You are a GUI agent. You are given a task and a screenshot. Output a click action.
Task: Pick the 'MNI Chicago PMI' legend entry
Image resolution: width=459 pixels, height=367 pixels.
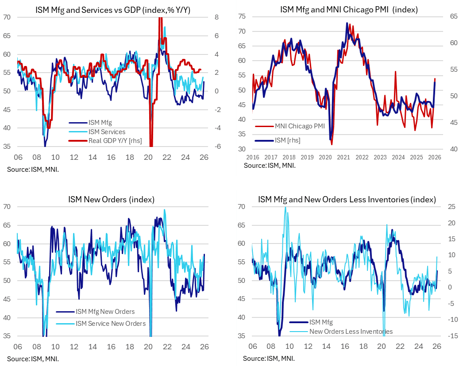(x=299, y=126)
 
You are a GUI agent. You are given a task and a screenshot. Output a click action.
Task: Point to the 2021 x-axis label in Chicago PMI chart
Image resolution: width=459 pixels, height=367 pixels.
(x=343, y=158)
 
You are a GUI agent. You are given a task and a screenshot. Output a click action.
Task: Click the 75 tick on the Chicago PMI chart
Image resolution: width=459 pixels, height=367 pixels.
(x=242, y=16)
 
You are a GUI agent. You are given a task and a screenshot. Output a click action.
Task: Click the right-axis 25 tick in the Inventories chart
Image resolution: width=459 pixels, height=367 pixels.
(x=447, y=206)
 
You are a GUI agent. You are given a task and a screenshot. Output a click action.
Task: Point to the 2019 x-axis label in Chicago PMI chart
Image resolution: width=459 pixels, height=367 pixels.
(x=307, y=158)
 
